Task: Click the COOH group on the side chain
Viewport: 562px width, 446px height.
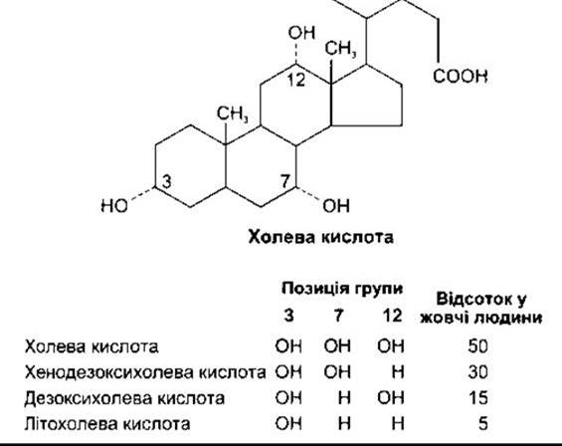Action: [x=461, y=76]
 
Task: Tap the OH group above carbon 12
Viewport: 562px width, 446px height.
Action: [x=301, y=33]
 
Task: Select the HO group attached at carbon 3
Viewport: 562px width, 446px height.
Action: [x=114, y=206]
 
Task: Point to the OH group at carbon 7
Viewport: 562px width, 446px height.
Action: [x=336, y=206]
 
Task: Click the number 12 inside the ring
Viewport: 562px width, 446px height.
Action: [x=296, y=80]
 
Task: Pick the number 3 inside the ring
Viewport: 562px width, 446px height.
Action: [x=167, y=181]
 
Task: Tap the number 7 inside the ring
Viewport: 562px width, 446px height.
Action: [x=285, y=181]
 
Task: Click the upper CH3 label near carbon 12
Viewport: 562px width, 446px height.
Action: [x=340, y=49]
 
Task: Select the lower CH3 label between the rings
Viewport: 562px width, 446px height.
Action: [x=232, y=113]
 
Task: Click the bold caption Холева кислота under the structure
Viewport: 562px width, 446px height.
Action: [x=320, y=238]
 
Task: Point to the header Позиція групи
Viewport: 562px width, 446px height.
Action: [x=342, y=289]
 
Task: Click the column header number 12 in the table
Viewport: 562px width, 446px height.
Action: [x=392, y=316]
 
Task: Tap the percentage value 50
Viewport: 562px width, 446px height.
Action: [x=477, y=346]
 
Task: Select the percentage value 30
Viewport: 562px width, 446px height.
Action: [x=477, y=372]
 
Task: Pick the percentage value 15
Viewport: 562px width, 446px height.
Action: [x=478, y=398]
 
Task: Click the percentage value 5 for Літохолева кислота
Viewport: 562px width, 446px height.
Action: [x=483, y=424]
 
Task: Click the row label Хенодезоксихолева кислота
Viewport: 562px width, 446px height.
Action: [x=145, y=372]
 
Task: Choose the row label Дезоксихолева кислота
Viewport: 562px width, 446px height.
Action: [x=124, y=398]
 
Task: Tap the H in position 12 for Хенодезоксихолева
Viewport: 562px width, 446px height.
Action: [x=398, y=372]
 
